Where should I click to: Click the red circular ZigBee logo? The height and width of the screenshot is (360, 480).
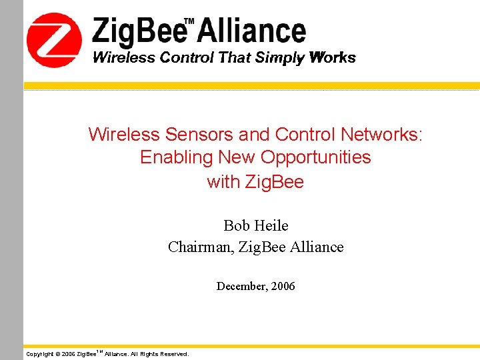pos(54,40)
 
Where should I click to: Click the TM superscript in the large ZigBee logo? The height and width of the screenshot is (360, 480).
pos(189,22)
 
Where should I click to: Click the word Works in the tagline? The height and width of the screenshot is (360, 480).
pos(333,57)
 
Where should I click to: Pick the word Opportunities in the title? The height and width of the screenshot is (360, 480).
pos(315,157)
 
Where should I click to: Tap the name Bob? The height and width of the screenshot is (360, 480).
pos(236,225)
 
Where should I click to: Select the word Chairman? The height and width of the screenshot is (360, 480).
pos(197,247)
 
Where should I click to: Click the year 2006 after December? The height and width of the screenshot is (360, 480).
pos(283,287)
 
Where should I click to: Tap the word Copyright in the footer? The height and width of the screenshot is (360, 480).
pos(39,354)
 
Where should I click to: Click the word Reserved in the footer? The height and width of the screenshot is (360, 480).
pos(173,354)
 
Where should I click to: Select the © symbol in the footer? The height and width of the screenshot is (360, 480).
pos(57,354)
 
